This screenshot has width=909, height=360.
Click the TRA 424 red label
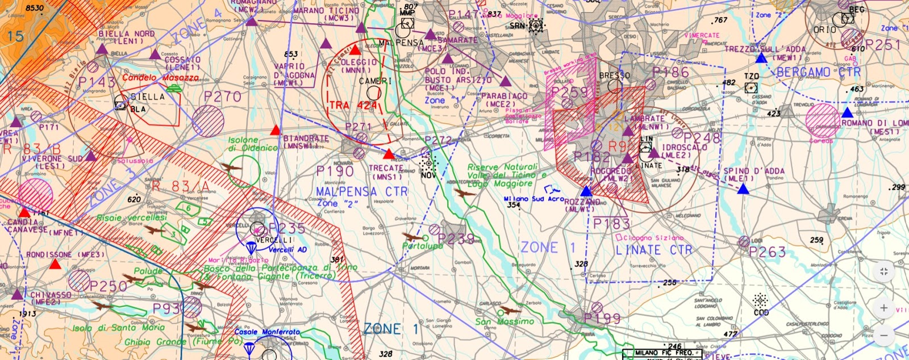(353, 106)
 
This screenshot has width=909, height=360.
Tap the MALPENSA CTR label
(362, 191)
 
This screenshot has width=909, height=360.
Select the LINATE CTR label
(654, 250)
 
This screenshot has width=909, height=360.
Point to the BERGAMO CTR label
(818, 72)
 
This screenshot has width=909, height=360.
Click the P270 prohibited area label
(223, 97)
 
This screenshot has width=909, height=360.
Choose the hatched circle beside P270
(208, 120)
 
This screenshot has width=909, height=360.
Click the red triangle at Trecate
(389, 154)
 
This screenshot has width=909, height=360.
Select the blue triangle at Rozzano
(586, 191)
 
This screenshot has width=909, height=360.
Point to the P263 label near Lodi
(767, 252)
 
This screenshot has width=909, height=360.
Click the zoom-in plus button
(883, 308)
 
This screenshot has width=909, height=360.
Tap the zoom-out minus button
(883, 336)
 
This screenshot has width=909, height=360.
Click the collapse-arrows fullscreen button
(883, 271)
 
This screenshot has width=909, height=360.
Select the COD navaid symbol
(761, 300)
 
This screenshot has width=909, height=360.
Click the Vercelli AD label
(287, 250)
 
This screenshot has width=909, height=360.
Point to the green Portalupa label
(422, 246)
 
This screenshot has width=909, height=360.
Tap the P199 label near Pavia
(602, 319)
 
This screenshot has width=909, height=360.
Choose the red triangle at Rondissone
(55, 265)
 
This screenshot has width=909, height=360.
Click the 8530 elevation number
(35, 8)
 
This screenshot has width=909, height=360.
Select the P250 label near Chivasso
(108, 286)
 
